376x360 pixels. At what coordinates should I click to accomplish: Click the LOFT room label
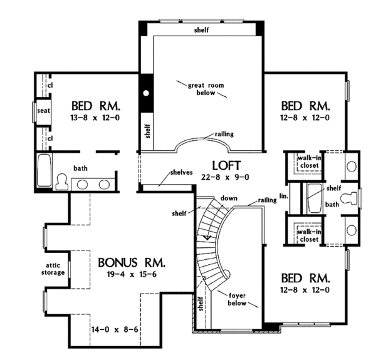tap(226, 165)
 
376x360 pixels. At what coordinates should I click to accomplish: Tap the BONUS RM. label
tap(132, 262)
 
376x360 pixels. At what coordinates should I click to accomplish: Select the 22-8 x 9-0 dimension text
tap(225, 177)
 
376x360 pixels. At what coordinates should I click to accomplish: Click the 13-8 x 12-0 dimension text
tap(95, 118)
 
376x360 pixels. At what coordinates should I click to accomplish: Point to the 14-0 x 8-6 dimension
tap(115, 330)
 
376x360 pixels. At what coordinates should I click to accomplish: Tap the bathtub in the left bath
tap(44, 170)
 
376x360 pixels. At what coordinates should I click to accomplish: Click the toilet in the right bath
tap(349, 198)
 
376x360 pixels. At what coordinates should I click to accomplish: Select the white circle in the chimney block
tap(146, 93)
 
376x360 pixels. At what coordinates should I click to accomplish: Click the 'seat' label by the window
tap(44, 111)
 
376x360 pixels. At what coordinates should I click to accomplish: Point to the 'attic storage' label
tap(53, 269)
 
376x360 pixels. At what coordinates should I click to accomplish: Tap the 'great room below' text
tap(206, 89)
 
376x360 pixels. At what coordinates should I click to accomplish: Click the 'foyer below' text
tap(237, 299)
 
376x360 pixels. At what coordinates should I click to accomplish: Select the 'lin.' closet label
tap(284, 196)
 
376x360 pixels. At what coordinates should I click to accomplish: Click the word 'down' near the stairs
tap(229, 198)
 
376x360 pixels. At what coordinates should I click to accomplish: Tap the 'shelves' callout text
tap(182, 172)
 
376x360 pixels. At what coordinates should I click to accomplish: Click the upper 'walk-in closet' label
tap(310, 162)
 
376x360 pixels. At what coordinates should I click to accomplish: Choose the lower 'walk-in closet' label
tap(310, 235)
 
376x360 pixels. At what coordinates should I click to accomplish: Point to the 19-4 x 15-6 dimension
tap(132, 274)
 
